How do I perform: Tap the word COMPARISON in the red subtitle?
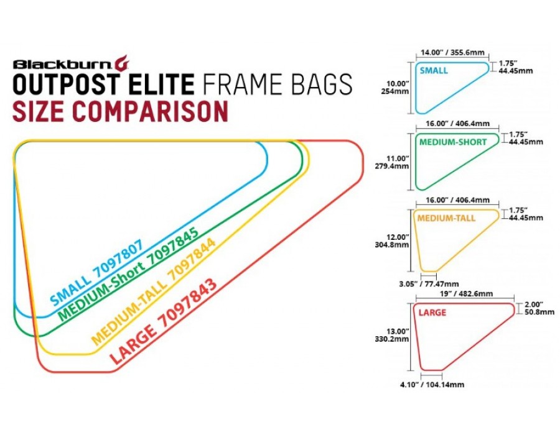[151, 111]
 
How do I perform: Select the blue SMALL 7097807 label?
[97, 272]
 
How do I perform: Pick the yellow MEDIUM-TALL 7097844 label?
[154, 291]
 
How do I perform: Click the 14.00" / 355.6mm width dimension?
[452, 52]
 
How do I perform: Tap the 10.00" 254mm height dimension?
[398, 88]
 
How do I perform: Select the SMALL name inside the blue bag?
[434, 71]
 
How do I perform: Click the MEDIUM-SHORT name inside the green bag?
[453, 142]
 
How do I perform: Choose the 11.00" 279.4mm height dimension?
[392, 162]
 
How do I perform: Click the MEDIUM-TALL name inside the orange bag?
[446, 218]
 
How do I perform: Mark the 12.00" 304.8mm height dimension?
[392, 241]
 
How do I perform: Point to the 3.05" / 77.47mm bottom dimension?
[429, 284]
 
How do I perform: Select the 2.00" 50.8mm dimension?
[539, 308]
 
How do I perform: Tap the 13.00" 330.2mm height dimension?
[392, 335]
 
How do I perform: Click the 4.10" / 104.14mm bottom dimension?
[432, 385]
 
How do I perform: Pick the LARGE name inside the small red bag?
[432, 313]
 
